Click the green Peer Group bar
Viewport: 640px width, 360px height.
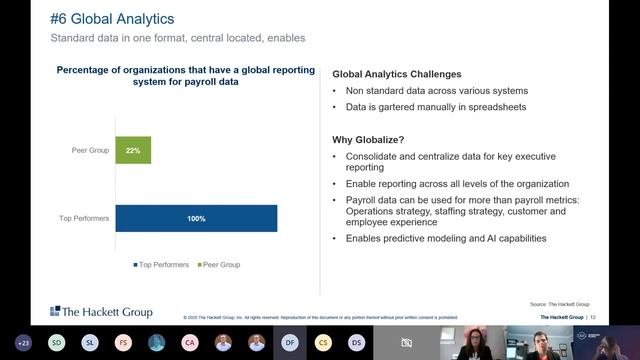coord(133,150)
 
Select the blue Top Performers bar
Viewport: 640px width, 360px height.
coord(196,218)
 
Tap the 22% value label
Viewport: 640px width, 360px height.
coord(133,150)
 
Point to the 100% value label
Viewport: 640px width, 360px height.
coord(196,218)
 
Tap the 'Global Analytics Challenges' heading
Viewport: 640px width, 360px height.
coord(397,74)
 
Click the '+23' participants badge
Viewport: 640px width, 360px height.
coord(23,342)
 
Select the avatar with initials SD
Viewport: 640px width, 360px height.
coord(57,342)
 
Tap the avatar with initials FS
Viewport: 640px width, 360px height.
coord(123,342)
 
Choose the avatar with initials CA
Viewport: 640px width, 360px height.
coord(190,342)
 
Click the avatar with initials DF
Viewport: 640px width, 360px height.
coord(289,342)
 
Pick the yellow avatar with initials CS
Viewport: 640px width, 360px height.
coord(322,342)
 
